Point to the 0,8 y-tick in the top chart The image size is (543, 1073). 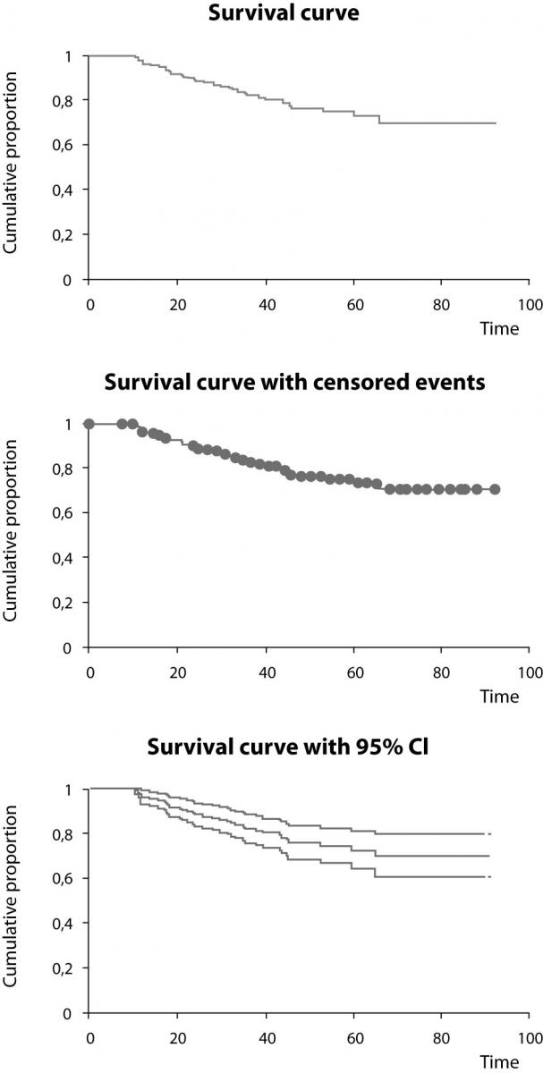pos(68,101)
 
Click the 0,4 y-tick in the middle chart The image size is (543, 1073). pos(68,557)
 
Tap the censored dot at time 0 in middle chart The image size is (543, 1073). pos(89,423)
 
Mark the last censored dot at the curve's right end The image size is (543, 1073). pos(495,489)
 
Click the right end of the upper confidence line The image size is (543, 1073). pos(490,833)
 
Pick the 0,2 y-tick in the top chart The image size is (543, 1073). pos(68,235)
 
